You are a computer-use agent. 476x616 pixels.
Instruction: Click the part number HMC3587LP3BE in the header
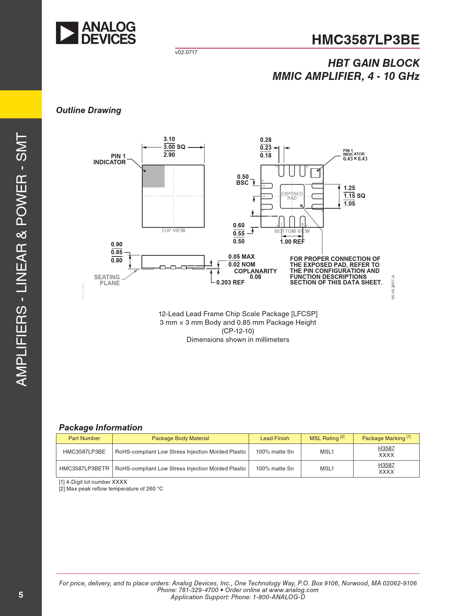click(365, 40)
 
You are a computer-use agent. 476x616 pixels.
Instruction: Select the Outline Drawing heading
click(88, 110)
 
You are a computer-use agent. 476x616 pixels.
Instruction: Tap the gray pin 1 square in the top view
click(153, 176)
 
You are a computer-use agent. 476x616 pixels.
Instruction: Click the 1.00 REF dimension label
click(292, 242)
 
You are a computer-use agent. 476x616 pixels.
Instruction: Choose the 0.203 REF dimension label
click(230, 282)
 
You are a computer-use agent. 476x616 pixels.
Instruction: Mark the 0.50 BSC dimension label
click(243, 180)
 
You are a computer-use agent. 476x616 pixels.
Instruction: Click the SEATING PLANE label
click(107, 280)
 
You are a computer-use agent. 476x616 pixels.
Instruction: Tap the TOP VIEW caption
click(173, 230)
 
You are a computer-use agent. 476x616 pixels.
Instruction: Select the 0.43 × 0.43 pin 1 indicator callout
click(355, 159)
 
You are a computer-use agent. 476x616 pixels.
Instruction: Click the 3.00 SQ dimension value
click(174, 147)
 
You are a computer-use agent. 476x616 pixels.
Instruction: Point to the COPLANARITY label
click(255, 271)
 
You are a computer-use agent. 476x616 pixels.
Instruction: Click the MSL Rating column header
click(327, 438)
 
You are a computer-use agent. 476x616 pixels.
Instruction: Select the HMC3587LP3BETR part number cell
click(84, 468)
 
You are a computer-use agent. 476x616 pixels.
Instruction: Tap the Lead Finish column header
click(274, 438)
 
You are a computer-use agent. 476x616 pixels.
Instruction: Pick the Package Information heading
click(101, 427)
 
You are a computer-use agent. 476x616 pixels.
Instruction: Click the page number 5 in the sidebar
click(21, 595)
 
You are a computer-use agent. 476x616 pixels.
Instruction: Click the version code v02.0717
click(186, 52)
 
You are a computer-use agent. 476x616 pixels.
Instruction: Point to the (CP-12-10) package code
click(238, 331)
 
